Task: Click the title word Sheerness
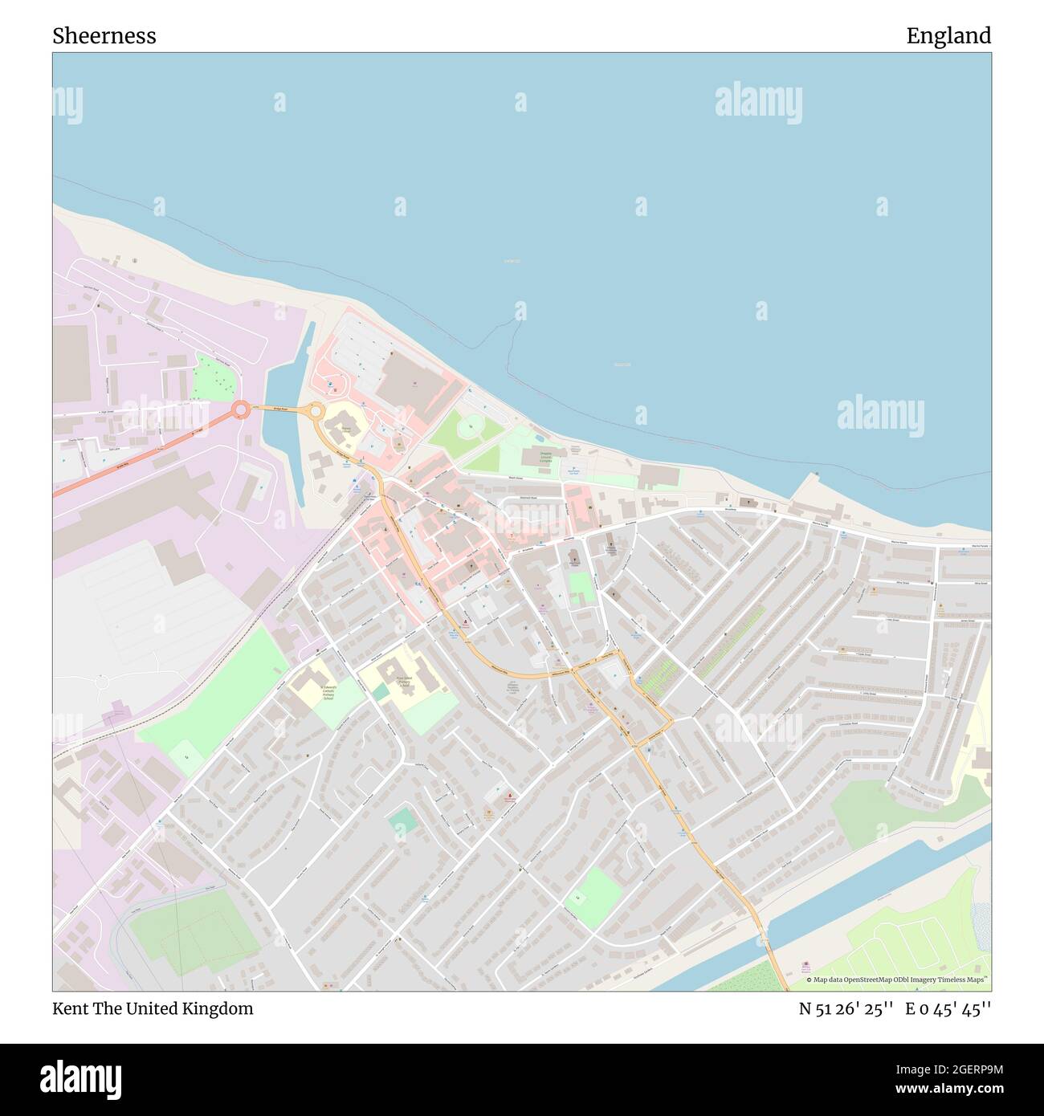[104, 36]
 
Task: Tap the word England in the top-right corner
[948, 36]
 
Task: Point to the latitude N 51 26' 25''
[846, 1008]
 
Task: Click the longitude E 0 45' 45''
[948, 1008]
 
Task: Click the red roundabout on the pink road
[240, 410]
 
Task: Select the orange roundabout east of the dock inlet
[314, 411]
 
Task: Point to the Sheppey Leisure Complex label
[546, 458]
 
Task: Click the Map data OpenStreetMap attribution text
[898, 980]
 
